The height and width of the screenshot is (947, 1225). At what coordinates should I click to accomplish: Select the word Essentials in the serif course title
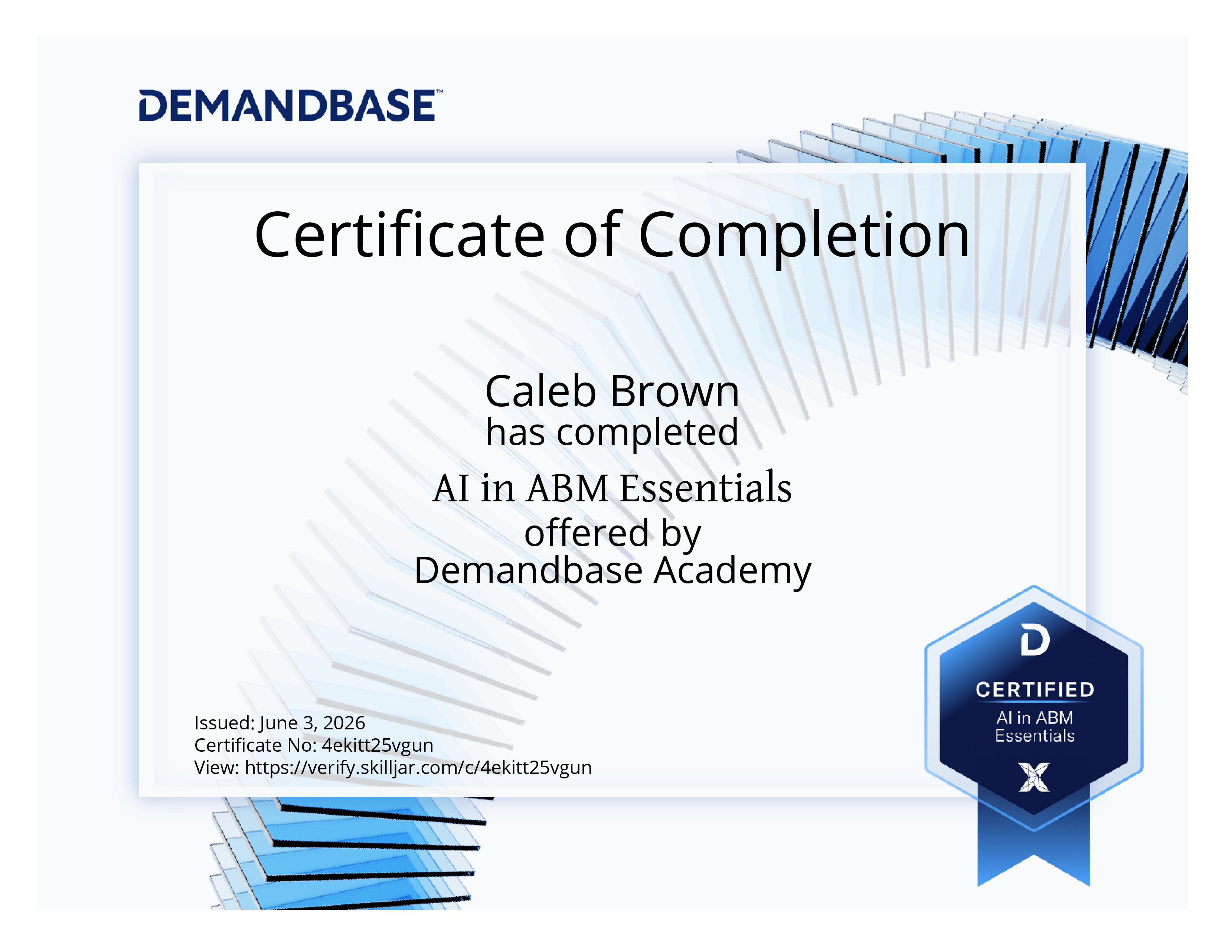706,488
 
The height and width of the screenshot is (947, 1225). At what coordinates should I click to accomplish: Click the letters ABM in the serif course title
568,488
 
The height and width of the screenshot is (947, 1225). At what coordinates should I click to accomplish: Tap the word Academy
732,571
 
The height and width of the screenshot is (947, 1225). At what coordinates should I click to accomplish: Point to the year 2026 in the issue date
344,723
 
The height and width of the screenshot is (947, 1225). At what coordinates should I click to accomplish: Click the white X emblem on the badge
1034,777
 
